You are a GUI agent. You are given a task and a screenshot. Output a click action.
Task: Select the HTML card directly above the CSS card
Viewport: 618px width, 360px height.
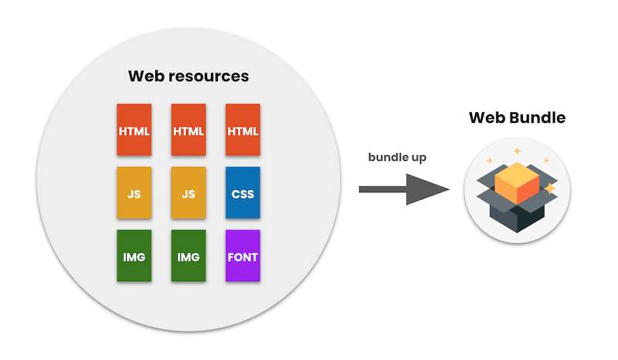[x=243, y=130]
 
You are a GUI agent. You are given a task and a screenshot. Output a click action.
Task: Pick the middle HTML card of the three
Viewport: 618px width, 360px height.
[x=188, y=130]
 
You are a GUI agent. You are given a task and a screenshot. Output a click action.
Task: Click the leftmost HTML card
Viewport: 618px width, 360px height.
[x=134, y=130]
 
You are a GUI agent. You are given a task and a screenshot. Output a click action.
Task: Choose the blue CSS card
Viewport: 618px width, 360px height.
[x=243, y=192]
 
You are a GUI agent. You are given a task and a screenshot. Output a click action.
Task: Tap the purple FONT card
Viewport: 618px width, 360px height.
[x=243, y=256]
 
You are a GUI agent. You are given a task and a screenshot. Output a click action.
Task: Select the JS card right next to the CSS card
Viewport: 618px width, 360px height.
[x=188, y=192]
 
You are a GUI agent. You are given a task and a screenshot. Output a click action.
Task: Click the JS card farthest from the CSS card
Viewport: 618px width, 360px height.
[x=134, y=192]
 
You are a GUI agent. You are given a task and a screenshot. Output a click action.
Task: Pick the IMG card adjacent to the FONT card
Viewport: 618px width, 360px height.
[x=188, y=256]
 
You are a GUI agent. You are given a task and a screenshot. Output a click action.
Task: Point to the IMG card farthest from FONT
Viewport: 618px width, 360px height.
[x=134, y=256]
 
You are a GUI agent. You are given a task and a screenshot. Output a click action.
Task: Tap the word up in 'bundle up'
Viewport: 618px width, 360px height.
[x=419, y=158]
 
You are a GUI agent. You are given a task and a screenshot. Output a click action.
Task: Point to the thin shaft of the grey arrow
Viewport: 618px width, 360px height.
[x=382, y=190]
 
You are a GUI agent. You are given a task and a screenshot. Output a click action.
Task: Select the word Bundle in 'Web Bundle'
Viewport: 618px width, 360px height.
[x=537, y=117]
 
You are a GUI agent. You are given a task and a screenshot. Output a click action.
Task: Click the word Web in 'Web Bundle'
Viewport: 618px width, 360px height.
[x=487, y=117]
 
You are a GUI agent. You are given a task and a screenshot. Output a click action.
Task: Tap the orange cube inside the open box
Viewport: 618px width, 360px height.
[x=517, y=183]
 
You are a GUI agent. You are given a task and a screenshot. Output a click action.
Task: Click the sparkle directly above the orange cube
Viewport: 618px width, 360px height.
[x=517, y=151]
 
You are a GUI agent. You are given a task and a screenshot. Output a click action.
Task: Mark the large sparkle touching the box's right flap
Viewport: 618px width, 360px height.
[x=549, y=188]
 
